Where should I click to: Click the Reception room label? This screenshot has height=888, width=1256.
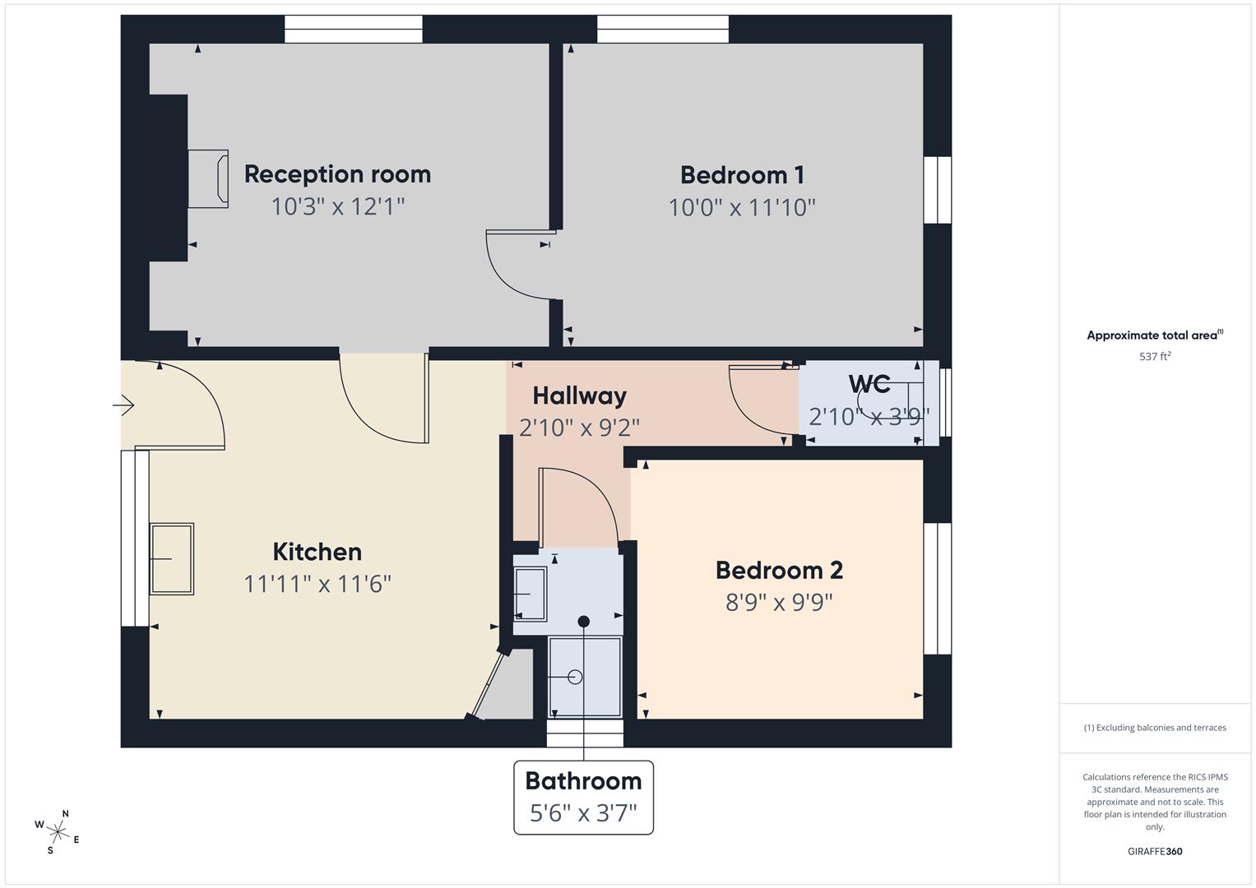[x=337, y=174]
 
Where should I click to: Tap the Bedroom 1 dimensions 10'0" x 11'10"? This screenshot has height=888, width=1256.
[x=741, y=207]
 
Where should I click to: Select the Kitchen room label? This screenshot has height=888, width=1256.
[x=317, y=552]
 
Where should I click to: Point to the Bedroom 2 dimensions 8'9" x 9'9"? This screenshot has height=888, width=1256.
[x=778, y=603]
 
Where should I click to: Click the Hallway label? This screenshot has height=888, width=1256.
[x=579, y=395]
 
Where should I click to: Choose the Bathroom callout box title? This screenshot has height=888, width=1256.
[x=583, y=780]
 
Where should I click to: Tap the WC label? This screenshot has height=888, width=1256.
[x=869, y=384]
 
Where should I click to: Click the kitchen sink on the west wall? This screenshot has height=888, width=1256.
[x=171, y=559]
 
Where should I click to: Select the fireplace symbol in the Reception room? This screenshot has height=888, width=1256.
[x=209, y=178]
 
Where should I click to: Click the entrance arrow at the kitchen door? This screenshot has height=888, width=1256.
[x=123, y=405]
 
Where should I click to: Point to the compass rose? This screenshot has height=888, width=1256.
[x=58, y=832]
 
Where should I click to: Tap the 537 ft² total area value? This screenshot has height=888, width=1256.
[x=1154, y=357]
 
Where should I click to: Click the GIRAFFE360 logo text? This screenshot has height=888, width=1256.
[x=1154, y=851]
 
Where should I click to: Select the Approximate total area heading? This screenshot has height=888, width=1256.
[x=1154, y=335]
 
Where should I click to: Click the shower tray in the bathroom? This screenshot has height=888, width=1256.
[x=585, y=677]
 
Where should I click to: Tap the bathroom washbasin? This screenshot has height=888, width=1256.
[x=529, y=594]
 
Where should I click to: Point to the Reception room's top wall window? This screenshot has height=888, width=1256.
[x=353, y=29]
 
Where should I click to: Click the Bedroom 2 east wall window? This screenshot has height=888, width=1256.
[x=937, y=588]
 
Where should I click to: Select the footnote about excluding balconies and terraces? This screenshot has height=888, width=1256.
[x=1154, y=728]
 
